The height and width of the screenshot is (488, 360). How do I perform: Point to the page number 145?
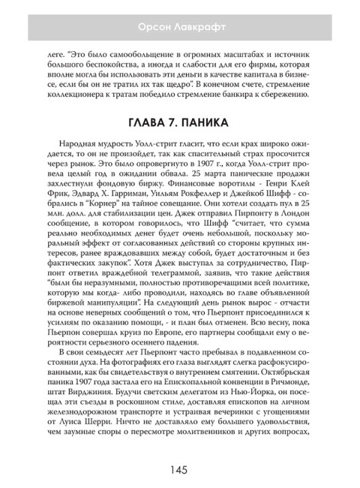[179, 470]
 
